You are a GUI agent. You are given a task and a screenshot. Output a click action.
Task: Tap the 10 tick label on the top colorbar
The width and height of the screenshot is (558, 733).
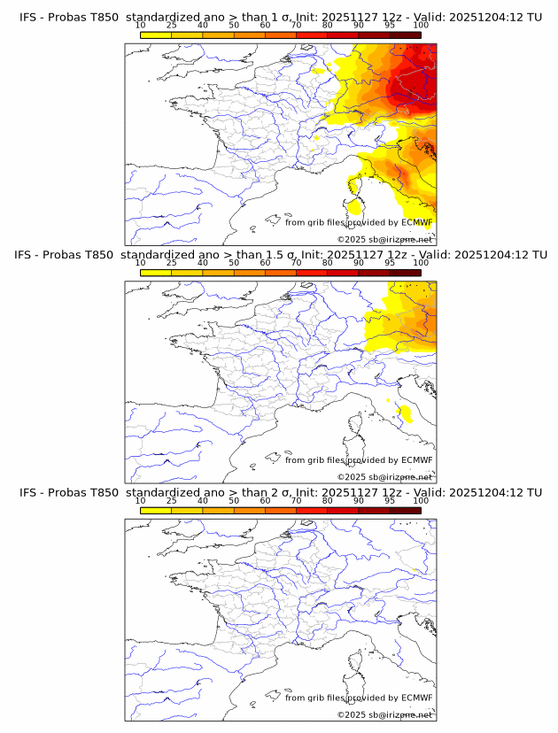click(x=141, y=25)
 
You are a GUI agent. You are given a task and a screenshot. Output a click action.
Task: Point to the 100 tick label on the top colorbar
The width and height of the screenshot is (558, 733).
click(x=421, y=25)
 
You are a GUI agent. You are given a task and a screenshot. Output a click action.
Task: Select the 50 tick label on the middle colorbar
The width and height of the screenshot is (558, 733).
click(x=234, y=263)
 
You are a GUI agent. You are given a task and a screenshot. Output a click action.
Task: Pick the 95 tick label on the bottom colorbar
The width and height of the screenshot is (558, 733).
click(x=390, y=500)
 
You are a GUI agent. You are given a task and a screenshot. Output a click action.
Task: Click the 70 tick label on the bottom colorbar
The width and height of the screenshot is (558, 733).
click(x=296, y=500)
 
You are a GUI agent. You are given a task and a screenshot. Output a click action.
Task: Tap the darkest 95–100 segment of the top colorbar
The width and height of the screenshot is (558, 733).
click(x=405, y=35)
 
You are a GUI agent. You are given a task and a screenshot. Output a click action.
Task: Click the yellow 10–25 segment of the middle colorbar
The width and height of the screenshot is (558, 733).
click(x=156, y=273)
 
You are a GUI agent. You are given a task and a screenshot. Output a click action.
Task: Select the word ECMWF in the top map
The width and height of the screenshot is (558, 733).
click(x=417, y=222)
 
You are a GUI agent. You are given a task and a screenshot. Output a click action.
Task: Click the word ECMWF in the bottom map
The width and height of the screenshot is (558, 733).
click(x=417, y=698)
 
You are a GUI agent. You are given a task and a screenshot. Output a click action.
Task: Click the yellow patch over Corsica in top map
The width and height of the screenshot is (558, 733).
click(x=354, y=208)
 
